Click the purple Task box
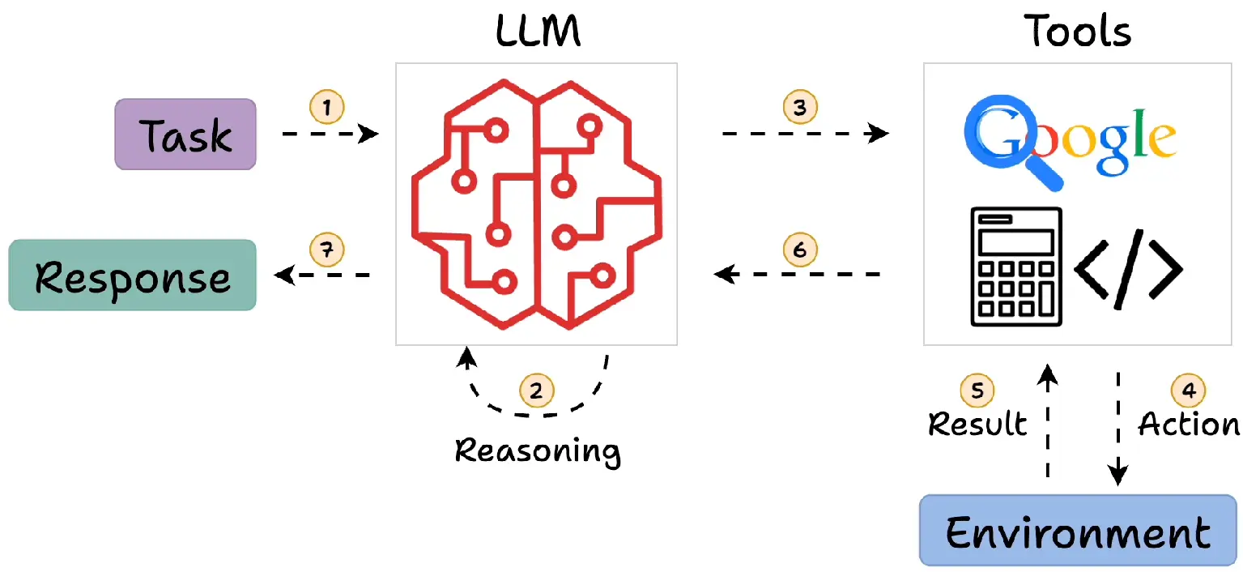click(185, 134)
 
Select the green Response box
click(133, 275)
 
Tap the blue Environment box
click(1078, 530)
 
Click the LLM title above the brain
click(538, 32)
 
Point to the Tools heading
click(1077, 32)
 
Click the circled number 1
click(327, 107)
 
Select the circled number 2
click(536, 391)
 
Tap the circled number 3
click(800, 107)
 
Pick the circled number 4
click(1188, 391)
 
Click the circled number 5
click(977, 391)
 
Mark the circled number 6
click(800, 250)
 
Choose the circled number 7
click(327, 250)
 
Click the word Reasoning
click(538, 450)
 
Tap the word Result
click(977, 424)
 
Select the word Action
click(1189, 424)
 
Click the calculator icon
click(1016, 267)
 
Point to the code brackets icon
click(1129, 269)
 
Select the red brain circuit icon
click(537, 204)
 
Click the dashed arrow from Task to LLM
click(330, 134)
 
